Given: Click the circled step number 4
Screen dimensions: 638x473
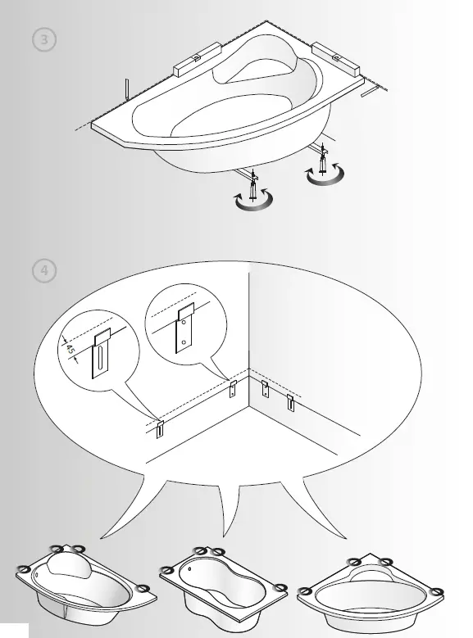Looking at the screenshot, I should point(43,270).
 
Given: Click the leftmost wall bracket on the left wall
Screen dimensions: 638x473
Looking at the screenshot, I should point(160,428).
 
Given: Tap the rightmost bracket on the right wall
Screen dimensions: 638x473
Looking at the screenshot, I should point(290,402).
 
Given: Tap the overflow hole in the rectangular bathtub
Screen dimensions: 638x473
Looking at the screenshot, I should point(191,568).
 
